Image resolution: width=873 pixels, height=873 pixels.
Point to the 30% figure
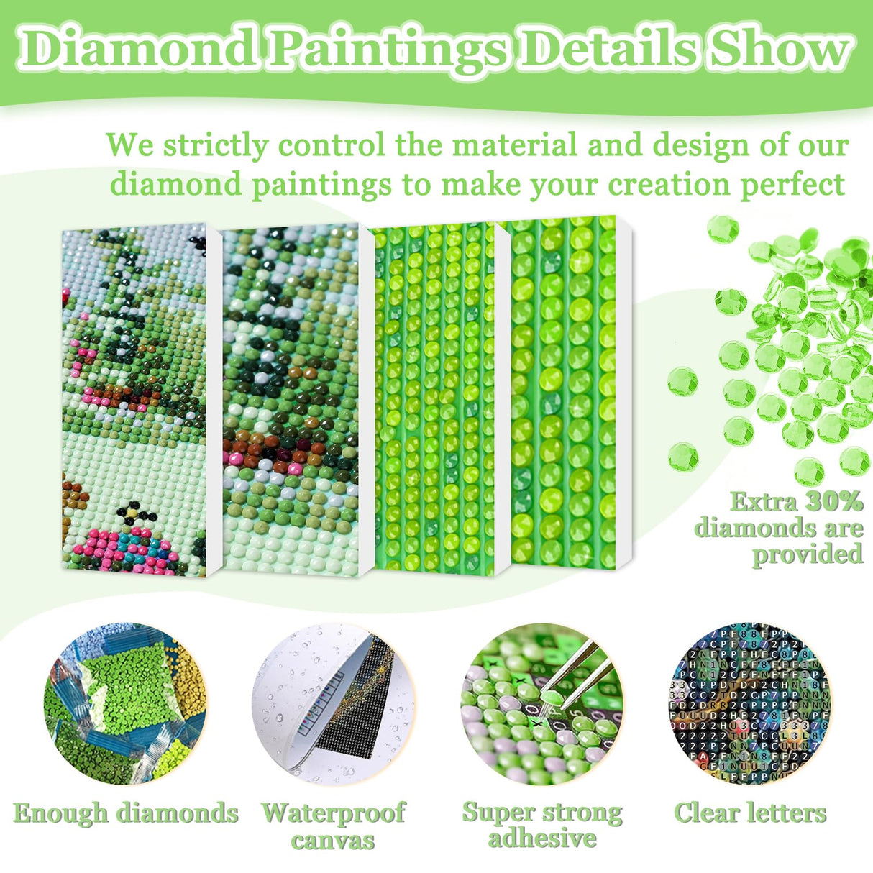click(x=833, y=501)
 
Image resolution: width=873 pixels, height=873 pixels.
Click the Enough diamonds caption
click(x=126, y=813)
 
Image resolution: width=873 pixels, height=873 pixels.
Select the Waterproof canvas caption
click(x=333, y=826)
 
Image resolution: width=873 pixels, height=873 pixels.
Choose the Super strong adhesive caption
click(x=542, y=824)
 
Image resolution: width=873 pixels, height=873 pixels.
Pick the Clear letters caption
click(x=750, y=813)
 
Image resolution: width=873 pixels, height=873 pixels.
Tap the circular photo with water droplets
click(x=333, y=703)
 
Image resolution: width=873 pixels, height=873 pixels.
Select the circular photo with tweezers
click(x=541, y=703)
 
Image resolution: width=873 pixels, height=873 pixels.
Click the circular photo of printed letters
click(x=750, y=703)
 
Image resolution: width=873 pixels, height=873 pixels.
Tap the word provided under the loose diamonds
click(x=807, y=554)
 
